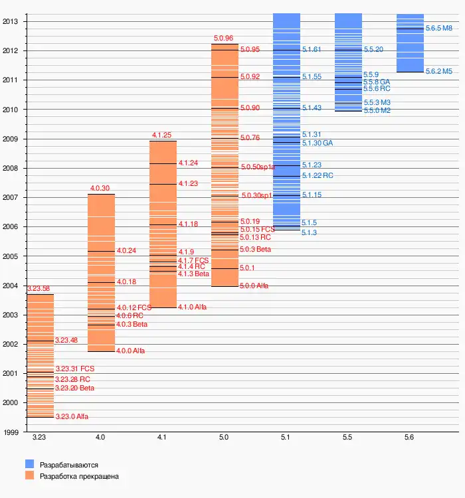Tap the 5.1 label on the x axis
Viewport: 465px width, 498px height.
(286, 438)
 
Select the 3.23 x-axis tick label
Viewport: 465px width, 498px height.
(39, 438)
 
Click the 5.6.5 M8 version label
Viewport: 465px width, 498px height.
(439, 29)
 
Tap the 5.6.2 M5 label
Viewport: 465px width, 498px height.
(439, 71)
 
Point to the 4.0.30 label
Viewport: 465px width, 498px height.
(100, 189)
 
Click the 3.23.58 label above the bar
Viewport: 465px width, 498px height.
(39, 289)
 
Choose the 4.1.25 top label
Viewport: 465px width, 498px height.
(162, 135)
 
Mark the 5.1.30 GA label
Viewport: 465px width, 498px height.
(318, 143)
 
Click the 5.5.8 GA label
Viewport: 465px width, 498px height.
(377, 82)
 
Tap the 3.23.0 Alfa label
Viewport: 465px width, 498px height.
(72, 417)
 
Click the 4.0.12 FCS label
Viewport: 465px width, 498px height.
(134, 308)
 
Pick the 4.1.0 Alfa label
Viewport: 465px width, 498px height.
(192, 307)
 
